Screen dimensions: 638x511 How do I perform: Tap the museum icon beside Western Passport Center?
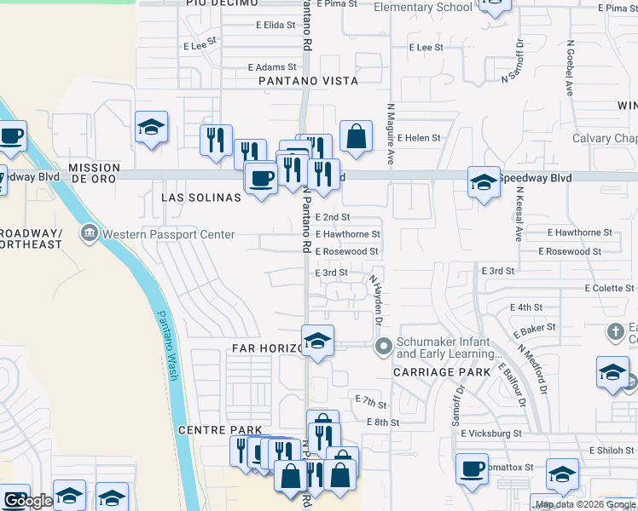pos(89,233)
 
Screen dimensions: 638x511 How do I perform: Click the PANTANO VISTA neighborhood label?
pos(309,81)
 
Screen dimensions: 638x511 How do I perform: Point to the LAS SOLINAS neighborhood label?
pos(201,197)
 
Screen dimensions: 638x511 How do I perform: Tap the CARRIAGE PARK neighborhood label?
pos(442,372)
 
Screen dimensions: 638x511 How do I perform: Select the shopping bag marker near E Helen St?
pos(356,135)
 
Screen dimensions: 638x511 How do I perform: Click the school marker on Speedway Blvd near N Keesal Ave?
pos(484,181)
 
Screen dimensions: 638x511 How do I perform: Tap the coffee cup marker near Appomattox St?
pos(472,468)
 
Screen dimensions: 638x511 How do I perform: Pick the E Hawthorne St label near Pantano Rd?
pos(347,233)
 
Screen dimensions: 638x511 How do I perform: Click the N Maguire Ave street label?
pos(390,134)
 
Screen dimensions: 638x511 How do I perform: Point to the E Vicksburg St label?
pos(490,433)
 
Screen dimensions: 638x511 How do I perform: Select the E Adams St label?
pos(271,66)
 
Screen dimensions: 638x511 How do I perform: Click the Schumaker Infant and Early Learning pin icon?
pos(384,346)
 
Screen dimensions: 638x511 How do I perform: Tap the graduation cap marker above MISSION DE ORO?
pos(152,128)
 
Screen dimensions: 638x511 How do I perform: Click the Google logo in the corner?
pos(27,501)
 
